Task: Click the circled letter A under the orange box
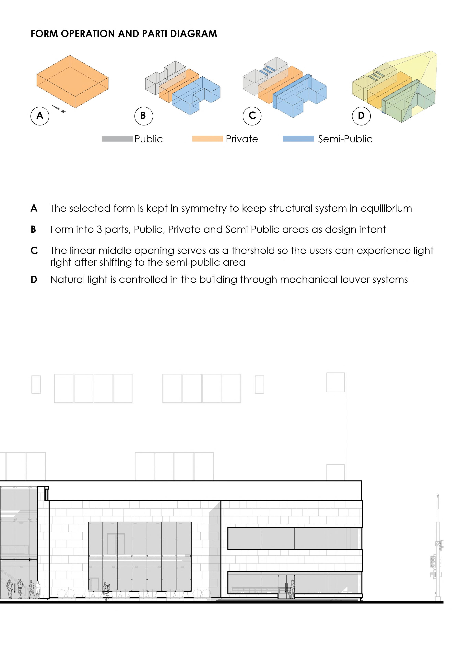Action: click(40, 116)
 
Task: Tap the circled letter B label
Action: click(143, 116)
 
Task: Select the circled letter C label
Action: click(252, 116)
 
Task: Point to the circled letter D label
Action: click(361, 116)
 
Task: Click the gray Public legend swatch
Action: click(117, 139)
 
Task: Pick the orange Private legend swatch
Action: click(207, 139)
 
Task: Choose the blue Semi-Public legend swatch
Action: click(298, 139)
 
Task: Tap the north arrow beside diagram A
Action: click(58, 109)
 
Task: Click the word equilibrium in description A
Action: click(386, 208)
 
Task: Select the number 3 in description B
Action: click(99, 230)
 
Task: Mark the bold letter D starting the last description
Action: click(34, 279)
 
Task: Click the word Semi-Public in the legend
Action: click(345, 139)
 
